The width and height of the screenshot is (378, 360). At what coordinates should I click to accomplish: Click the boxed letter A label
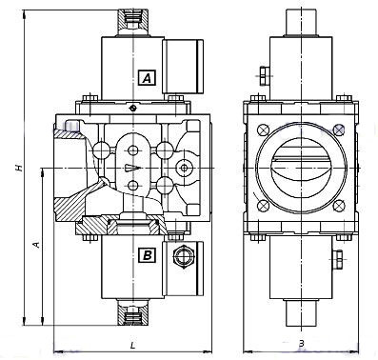coord(148,77)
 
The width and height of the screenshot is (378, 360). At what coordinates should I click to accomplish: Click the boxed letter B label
coord(148,254)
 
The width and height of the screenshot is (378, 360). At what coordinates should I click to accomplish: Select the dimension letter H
coord(20,168)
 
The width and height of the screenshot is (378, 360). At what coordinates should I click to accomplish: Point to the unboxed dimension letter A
coord(37,245)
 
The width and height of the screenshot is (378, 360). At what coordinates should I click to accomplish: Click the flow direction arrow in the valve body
coord(132,168)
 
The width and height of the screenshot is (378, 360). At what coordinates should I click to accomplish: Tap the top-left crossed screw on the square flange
coord(263,130)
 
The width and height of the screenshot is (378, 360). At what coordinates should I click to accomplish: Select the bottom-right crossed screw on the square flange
coord(339,206)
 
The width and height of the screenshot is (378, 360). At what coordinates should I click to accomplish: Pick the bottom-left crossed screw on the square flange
coord(263,206)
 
